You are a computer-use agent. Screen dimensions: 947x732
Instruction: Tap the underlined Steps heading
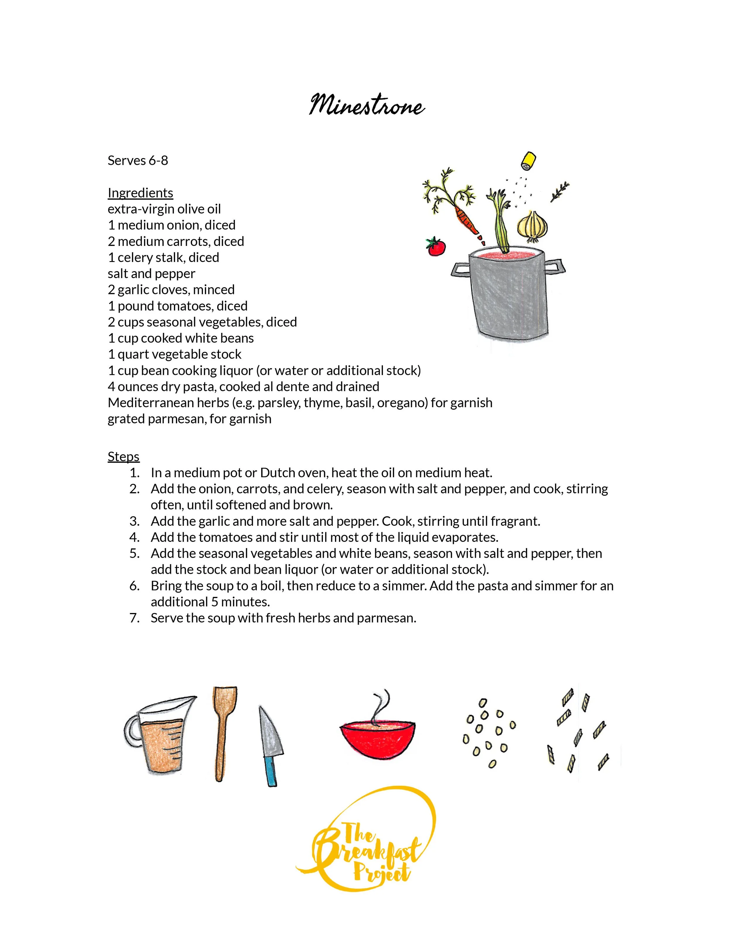click(x=124, y=457)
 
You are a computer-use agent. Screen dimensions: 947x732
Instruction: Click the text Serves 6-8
click(x=138, y=160)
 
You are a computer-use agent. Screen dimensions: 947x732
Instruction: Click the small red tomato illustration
click(x=435, y=246)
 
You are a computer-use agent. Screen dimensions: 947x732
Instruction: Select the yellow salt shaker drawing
click(x=528, y=161)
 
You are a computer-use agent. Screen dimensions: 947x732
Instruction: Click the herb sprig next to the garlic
click(x=560, y=192)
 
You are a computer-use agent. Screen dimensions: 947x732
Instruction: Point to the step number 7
click(x=134, y=618)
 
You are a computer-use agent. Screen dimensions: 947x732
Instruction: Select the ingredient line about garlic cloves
click(x=171, y=290)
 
